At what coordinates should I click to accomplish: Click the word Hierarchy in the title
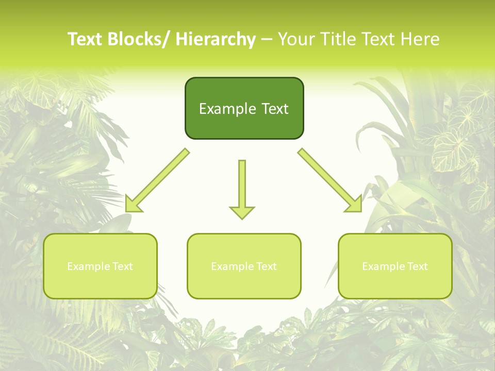pyautogui.click(x=215, y=39)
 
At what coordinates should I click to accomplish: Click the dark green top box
pyautogui.click(x=244, y=108)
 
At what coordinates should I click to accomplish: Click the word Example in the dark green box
pyautogui.click(x=224, y=109)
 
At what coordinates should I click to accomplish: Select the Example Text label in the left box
pyautogui.click(x=100, y=266)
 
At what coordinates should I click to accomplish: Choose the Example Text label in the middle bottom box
pyautogui.click(x=244, y=266)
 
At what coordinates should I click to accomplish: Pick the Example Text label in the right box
pyautogui.click(x=395, y=266)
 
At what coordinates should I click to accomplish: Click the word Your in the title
pyautogui.click(x=295, y=39)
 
